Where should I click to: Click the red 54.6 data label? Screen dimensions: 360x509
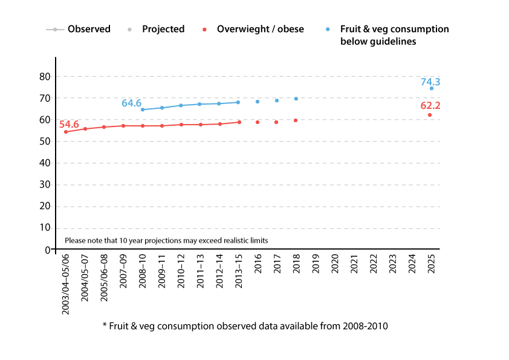tap(69, 125)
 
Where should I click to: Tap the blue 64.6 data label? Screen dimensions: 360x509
tap(131, 103)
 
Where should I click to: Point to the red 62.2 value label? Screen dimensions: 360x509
tap(430, 106)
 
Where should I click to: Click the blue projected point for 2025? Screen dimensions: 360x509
tap(432, 88)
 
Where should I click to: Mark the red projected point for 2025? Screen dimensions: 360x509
tap(430, 115)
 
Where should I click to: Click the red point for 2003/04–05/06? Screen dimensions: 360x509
tap(66, 132)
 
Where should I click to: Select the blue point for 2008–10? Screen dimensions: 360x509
tap(143, 110)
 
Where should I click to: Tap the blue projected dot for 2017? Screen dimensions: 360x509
tap(277, 100)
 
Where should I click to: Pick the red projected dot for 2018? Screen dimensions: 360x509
tap(296, 120)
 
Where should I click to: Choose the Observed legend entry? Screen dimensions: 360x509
tap(79, 29)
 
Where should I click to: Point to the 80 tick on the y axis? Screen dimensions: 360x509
tap(44, 76)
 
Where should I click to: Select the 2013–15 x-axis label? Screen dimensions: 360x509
tap(238, 273)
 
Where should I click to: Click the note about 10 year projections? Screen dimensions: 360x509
tap(166, 240)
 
